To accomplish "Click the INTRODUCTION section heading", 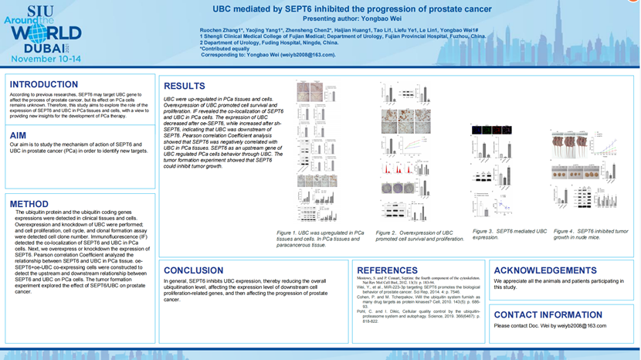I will pyautogui.click(x=44, y=85).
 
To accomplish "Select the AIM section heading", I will pyautogui.click(x=19, y=135).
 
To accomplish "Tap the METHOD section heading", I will pyautogui.click(x=29, y=205).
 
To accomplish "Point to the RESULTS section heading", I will pyautogui.click(x=185, y=86).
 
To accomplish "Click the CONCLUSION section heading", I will pyautogui.click(x=194, y=270).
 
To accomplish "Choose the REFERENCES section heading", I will pyautogui.click(x=388, y=270).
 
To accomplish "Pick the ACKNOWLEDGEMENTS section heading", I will pyautogui.click(x=545, y=270).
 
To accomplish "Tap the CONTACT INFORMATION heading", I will pyautogui.click(x=548, y=314).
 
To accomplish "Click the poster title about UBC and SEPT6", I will pyautogui.click(x=352, y=9).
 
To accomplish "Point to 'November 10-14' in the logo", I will pyautogui.click(x=46, y=59).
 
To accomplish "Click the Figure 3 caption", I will pyautogui.click(x=510, y=234).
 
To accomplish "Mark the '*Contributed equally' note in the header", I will pyautogui.click(x=224, y=49).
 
